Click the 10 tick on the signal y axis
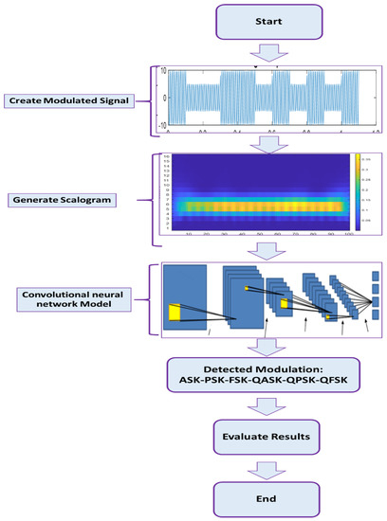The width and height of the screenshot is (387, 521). (x=163, y=71)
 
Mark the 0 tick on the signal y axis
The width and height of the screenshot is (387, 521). (x=165, y=98)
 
